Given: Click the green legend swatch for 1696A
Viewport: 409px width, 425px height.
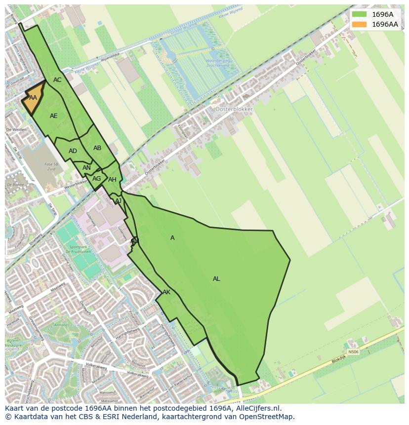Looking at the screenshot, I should click(x=360, y=14).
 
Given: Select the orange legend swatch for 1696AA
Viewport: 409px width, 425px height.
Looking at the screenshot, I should click(x=360, y=24).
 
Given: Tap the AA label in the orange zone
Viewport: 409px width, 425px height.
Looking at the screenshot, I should click(x=33, y=98).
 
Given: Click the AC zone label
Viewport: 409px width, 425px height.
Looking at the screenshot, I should click(x=57, y=80).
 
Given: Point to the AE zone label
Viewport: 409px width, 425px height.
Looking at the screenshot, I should click(x=54, y=116).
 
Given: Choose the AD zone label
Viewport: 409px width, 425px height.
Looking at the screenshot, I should click(x=73, y=151).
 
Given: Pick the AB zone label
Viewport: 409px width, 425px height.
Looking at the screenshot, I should click(x=97, y=148).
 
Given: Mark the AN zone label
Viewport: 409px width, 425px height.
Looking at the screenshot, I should click(x=86, y=168).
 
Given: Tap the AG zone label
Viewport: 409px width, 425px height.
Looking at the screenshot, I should click(x=96, y=179).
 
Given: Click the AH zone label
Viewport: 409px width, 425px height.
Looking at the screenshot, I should click(x=112, y=180).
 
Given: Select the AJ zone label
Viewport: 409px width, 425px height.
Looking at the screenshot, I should click(x=118, y=201).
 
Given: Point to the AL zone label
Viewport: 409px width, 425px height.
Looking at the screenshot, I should click(x=216, y=279).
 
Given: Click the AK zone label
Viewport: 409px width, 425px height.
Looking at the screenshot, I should click(x=166, y=292).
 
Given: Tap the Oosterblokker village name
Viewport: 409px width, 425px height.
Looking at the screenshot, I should click(x=234, y=109).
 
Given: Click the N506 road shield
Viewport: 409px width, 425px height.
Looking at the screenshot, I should click(x=353, y=352).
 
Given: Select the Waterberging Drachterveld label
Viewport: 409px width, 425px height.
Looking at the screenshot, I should click(x=218, y=63).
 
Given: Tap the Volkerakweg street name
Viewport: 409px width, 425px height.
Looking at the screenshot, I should click(x=96, y=366).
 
